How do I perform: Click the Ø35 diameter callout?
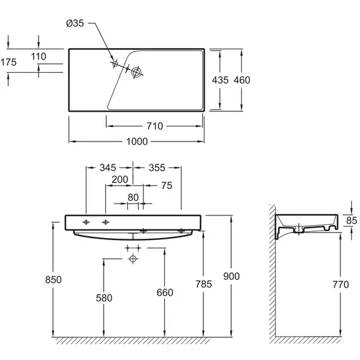75,23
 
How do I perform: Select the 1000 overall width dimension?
137,141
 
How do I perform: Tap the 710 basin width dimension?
155,126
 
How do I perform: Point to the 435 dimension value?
220,80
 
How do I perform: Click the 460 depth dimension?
242,80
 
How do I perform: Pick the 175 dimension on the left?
8,63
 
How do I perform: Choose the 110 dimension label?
39,56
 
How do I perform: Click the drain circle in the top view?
136,73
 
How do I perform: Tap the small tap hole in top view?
115,64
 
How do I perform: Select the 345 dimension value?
107,168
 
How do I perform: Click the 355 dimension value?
157,168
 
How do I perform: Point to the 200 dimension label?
119,179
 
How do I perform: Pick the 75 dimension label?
167,186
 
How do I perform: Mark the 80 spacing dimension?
133,198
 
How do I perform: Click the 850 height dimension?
53,280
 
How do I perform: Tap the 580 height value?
104,298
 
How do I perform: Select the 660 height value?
165,292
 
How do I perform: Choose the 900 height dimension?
231,276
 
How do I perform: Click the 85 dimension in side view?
352,220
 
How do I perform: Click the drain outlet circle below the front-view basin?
133,259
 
